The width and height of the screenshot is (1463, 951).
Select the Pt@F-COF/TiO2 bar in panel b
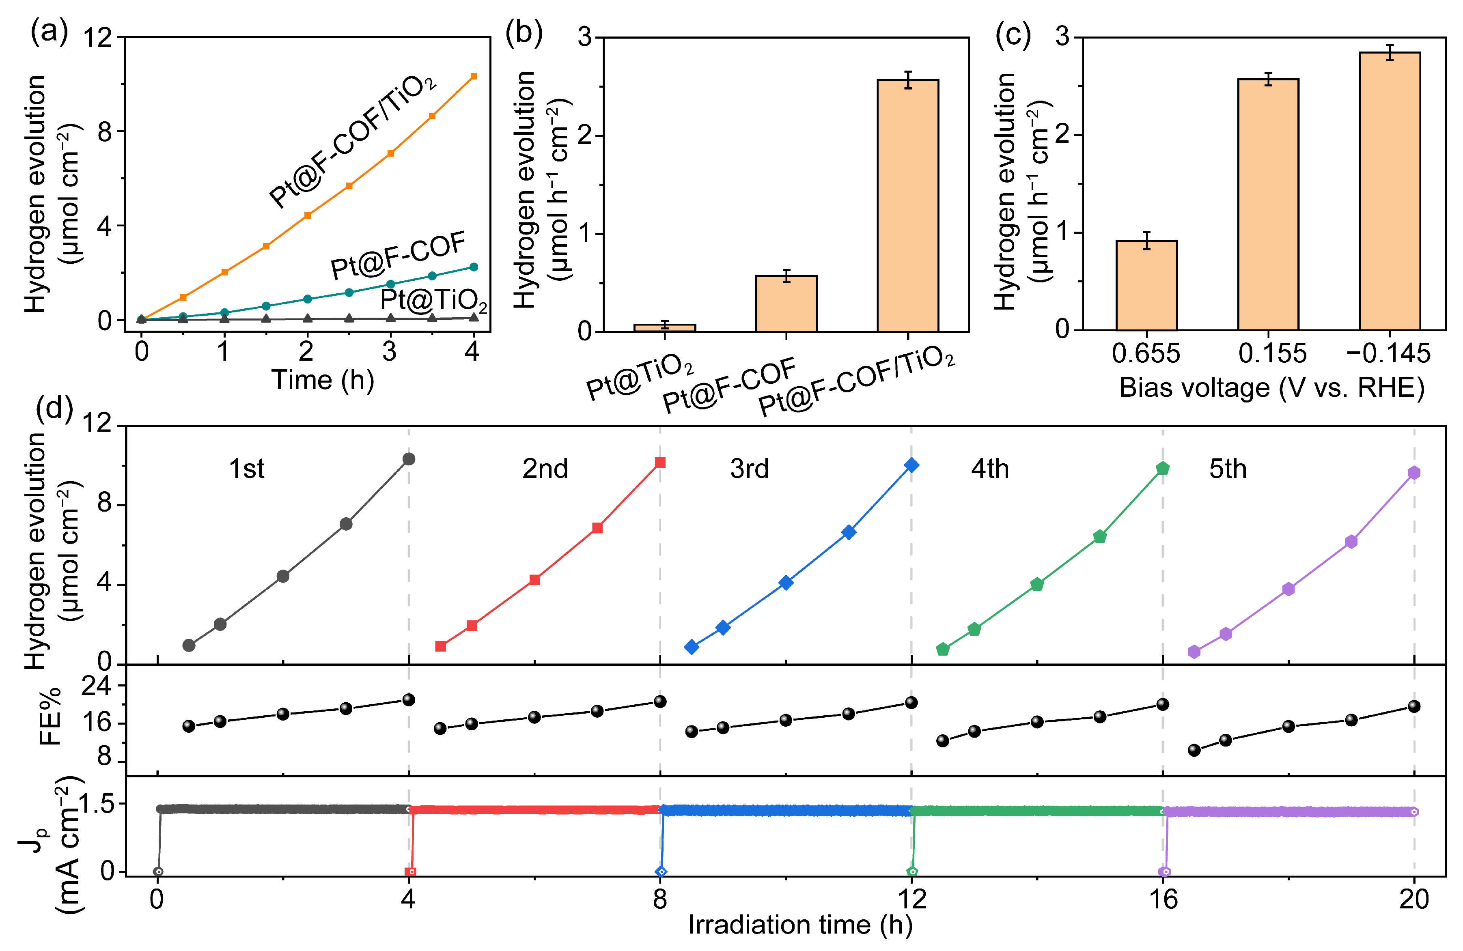pos(908,206)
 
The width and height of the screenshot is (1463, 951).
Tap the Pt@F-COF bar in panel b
pos(786,304)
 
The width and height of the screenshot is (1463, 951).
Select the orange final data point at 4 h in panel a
pos(473,77)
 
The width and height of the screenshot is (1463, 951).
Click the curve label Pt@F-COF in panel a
pos(399,255)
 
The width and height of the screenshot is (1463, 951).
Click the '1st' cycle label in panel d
pos(246,469)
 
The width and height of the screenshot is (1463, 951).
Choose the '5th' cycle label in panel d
pos(1228,469)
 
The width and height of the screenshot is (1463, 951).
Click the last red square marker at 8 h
pos(660,463)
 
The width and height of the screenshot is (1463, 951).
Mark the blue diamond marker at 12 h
pos(911,465)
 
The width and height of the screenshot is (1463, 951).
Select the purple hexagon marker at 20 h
pos(1414,473)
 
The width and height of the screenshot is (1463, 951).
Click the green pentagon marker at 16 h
pos(1162,469)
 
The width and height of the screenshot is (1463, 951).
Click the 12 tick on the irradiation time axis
pos(911,899)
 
